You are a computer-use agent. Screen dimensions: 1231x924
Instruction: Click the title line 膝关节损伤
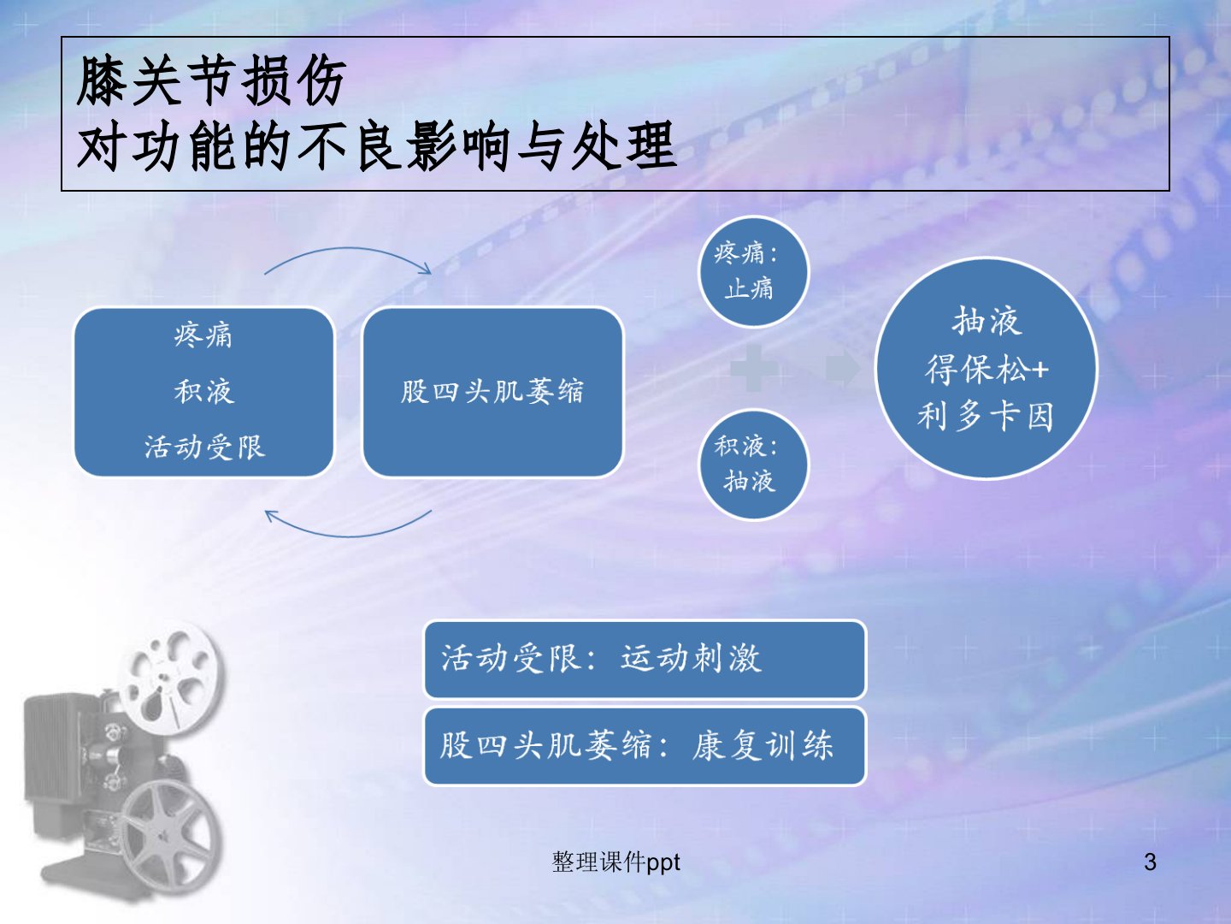(210, 80)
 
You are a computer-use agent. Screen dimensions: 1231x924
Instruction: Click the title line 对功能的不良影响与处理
(376, 147)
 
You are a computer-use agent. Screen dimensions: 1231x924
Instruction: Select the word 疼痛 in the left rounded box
(203, 336)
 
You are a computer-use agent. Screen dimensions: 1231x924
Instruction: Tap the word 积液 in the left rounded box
(204, 392)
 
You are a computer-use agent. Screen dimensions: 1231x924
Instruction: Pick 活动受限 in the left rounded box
(204, 447)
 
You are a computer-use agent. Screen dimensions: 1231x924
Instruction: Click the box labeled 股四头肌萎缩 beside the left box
(493, 392)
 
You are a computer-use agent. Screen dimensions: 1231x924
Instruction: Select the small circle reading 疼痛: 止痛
(753, 272)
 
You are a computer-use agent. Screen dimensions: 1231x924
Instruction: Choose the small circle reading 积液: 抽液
(753, 465)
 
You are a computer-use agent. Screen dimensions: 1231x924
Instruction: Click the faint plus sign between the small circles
(754, 369)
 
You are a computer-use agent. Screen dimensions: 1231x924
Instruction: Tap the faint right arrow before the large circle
(843, 369)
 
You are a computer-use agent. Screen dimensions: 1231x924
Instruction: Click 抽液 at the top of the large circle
(987, 321)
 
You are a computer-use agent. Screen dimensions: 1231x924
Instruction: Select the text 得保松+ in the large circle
(987, 369)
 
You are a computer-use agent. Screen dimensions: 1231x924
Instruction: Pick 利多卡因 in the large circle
(986, 417)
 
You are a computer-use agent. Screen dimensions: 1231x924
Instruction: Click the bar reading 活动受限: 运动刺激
(645, 659)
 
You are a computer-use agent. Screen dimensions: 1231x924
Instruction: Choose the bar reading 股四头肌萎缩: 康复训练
(645, 746)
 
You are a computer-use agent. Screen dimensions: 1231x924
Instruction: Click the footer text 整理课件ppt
(615, 862)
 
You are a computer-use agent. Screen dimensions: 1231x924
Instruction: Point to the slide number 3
(1150, 862)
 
